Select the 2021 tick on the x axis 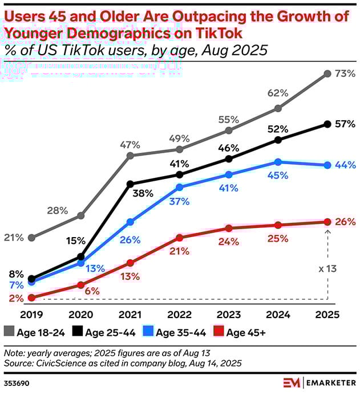(x=130, y=314)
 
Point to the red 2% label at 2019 (x=17, y=298)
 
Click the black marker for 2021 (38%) (x=130, y=184)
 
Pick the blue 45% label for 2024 (x=278, y=176)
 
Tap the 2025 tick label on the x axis (x=327, y=314)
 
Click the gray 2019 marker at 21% (x=31, y=237)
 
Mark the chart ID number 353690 (x=15, y=381)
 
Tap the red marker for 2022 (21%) (x=179, y=237)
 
